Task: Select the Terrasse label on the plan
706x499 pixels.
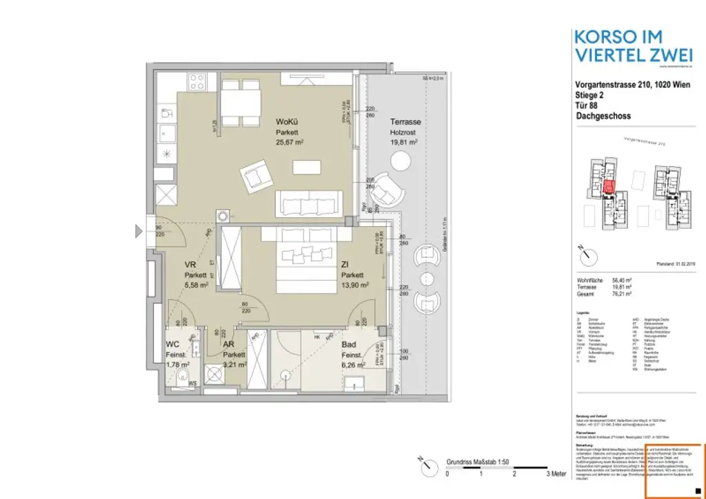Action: (405, 122)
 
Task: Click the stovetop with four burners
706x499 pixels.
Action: (196, 84)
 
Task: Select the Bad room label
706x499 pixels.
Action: (349, 345)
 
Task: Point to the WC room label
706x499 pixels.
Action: (172, 345)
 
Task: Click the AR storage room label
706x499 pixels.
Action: (229, 345)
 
